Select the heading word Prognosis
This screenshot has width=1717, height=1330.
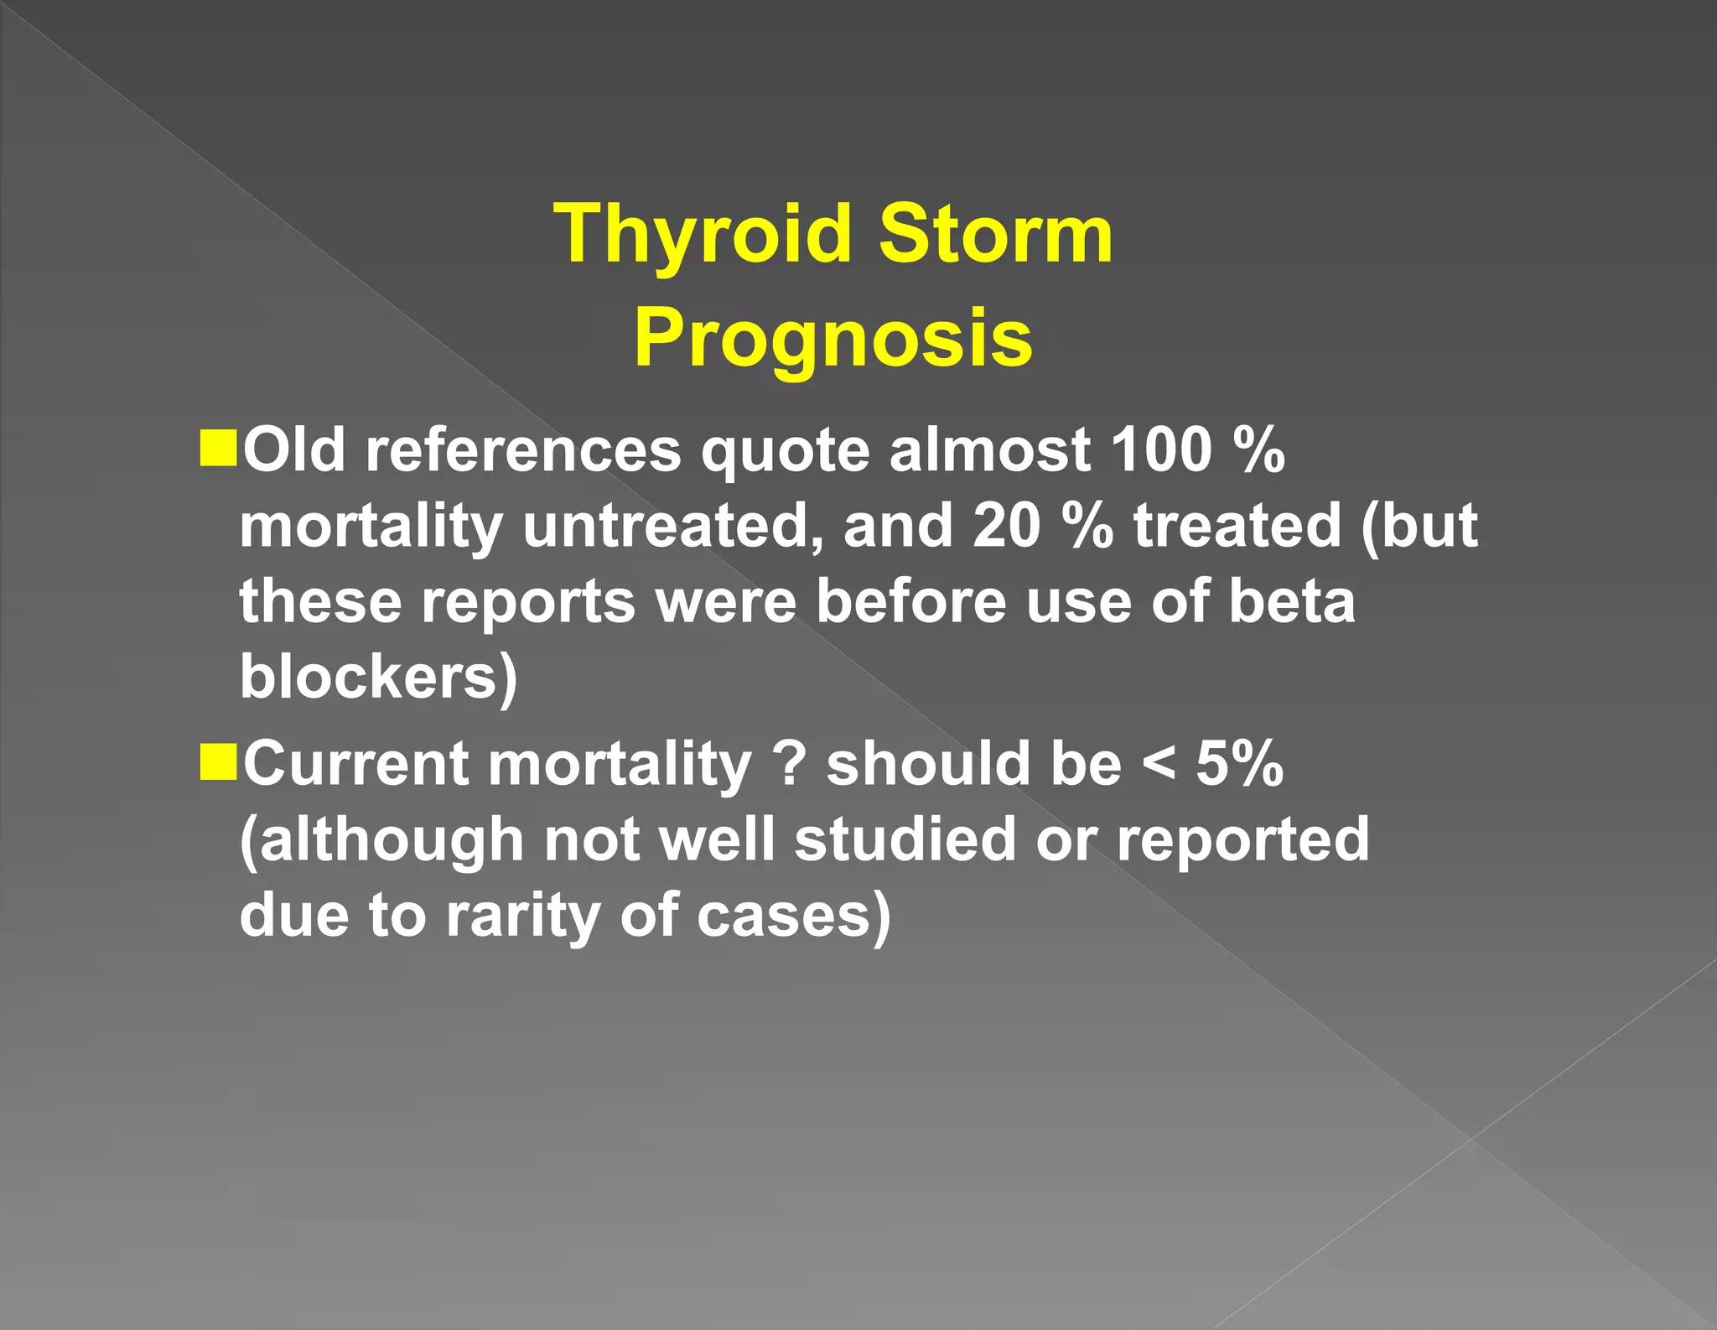pyautogui.click(x=833, y=338)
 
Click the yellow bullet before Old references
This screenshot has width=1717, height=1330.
pyautogui.click(x=219, y=448)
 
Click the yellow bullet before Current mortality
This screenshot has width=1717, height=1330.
pyautogui.click(x=219, y=762)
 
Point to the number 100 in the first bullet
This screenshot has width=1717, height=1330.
pyautogui.click(x=1161, y=450)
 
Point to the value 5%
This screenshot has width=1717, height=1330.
pyautogui.click(x=1239, y=764)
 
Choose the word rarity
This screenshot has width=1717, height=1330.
pyautogui.click(x=521, y=916)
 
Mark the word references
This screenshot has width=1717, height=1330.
pyautogui.click(x=523, y=450)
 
